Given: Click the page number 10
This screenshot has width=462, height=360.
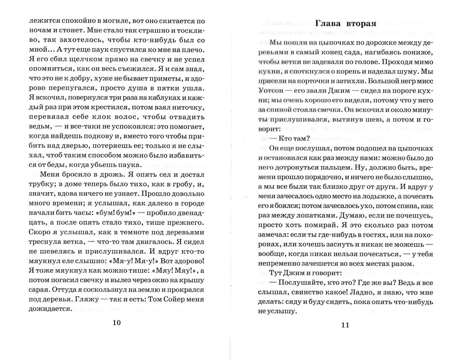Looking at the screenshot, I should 116,323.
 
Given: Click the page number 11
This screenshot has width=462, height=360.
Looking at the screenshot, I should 346,325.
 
